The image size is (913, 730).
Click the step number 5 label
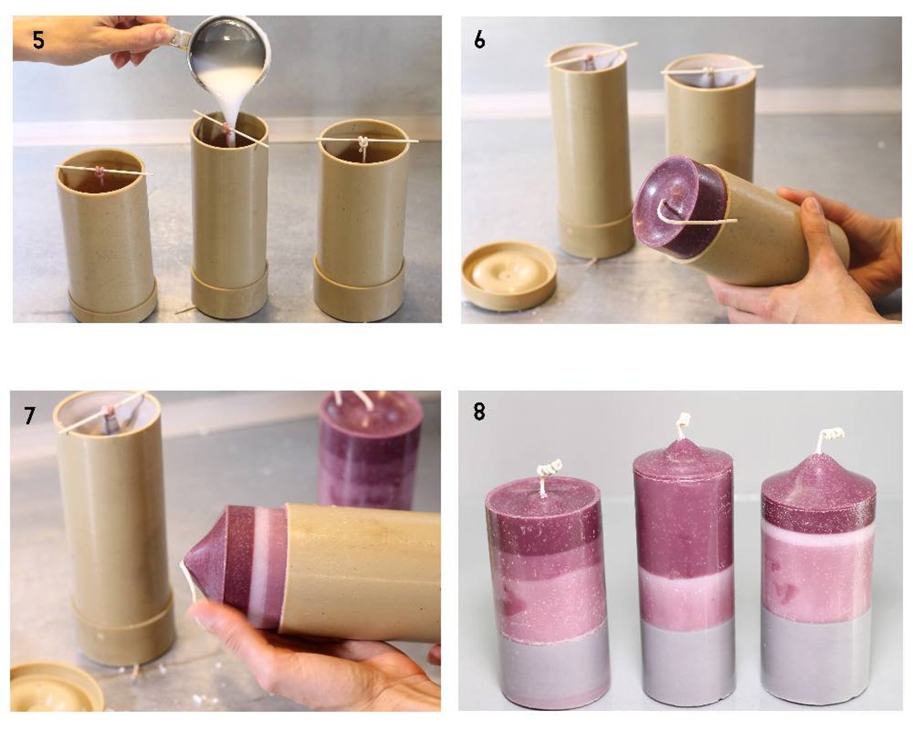tap(38, 40)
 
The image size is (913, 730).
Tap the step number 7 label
tap(30, 414)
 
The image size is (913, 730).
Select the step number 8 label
tap(479, 412)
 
